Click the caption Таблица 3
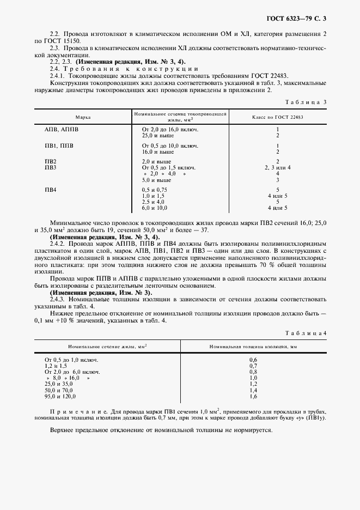306,102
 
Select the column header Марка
83,118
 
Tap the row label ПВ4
51,189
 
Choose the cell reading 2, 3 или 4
277,168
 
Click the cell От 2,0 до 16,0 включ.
169,130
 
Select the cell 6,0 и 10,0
154,208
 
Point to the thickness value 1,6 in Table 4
253,397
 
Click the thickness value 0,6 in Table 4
253,360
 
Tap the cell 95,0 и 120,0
60,397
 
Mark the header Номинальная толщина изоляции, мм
253,347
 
